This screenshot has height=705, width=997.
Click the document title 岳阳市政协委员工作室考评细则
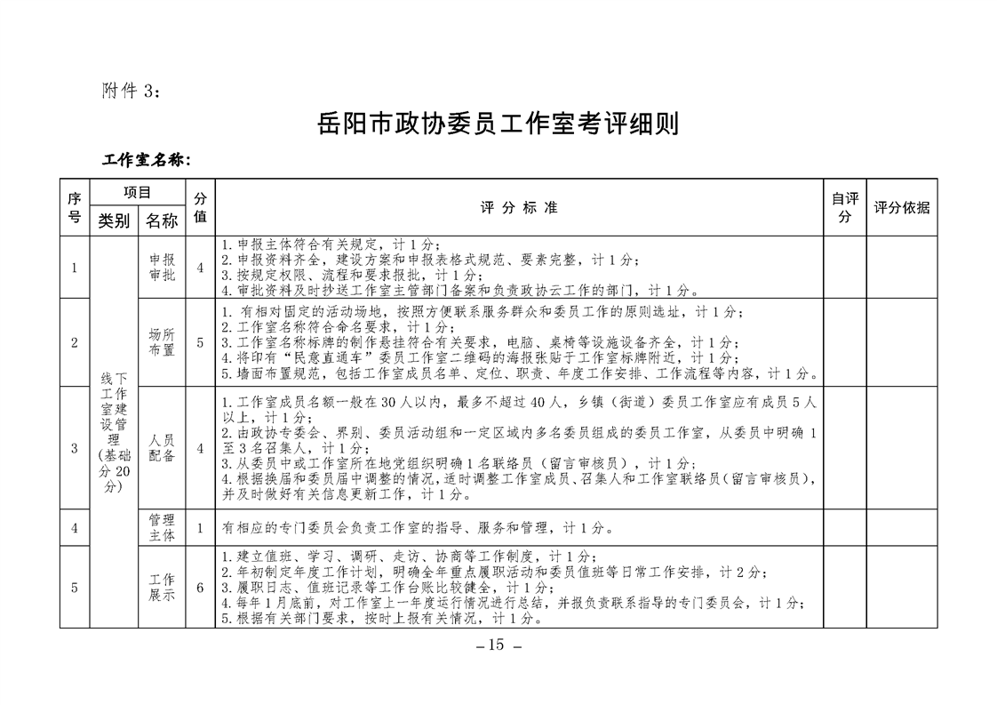tap(498, 123)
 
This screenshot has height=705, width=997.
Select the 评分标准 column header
tap(519, 207)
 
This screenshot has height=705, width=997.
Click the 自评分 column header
tap(844, 207)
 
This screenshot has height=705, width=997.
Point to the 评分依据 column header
tap(901, 207)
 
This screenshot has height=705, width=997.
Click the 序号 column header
tap(75, 207)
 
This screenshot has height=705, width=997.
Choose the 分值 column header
tap(200, 207)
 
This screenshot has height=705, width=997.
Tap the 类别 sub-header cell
tap(114, 220)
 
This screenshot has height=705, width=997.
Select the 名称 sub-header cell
tap(162, 220)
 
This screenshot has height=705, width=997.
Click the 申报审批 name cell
tap(162, 267)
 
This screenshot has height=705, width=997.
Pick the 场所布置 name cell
tap(162, 342)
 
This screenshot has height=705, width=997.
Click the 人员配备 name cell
tap(162, 447)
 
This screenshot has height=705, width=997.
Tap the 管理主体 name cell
tap(162, 527)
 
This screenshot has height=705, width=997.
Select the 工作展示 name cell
tap(162, 587)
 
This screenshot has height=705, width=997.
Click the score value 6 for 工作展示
tap(200, 587)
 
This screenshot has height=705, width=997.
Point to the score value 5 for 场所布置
tap(200, 342)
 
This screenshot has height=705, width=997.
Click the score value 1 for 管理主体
tap(200, 528)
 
